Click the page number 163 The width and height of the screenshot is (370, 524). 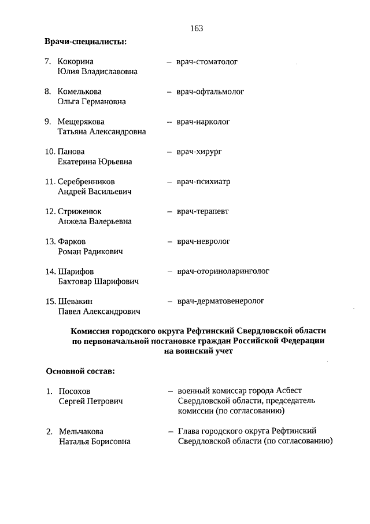196,28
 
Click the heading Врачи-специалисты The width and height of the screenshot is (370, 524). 86,41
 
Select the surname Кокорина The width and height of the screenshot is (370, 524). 76,61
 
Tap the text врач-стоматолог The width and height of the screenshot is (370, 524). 207,61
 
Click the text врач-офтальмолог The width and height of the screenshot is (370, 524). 210,91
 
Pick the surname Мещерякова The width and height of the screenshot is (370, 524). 81,122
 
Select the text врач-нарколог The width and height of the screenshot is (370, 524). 203,122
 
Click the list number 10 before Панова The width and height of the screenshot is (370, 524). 50,152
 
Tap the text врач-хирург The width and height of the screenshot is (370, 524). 199,152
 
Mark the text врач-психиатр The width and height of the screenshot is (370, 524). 203,182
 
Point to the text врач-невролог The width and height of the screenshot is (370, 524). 203,241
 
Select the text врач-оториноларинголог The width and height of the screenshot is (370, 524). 223,271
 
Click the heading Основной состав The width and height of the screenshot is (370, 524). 80,371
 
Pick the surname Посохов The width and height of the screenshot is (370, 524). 75,391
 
